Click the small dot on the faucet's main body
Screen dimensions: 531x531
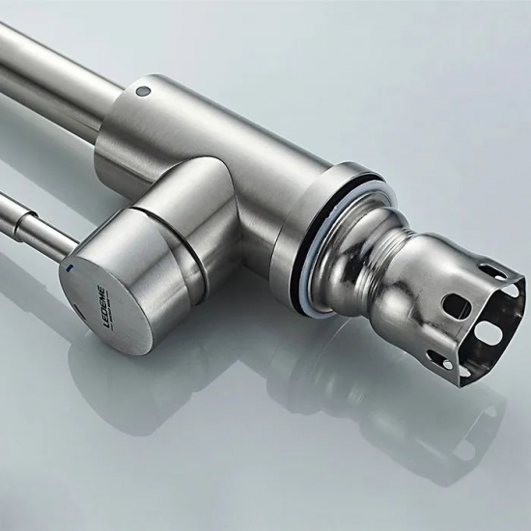pyautogui.click(x=144, y=93)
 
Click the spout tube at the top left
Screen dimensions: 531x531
pyautogui.click(x=48, y=68)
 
